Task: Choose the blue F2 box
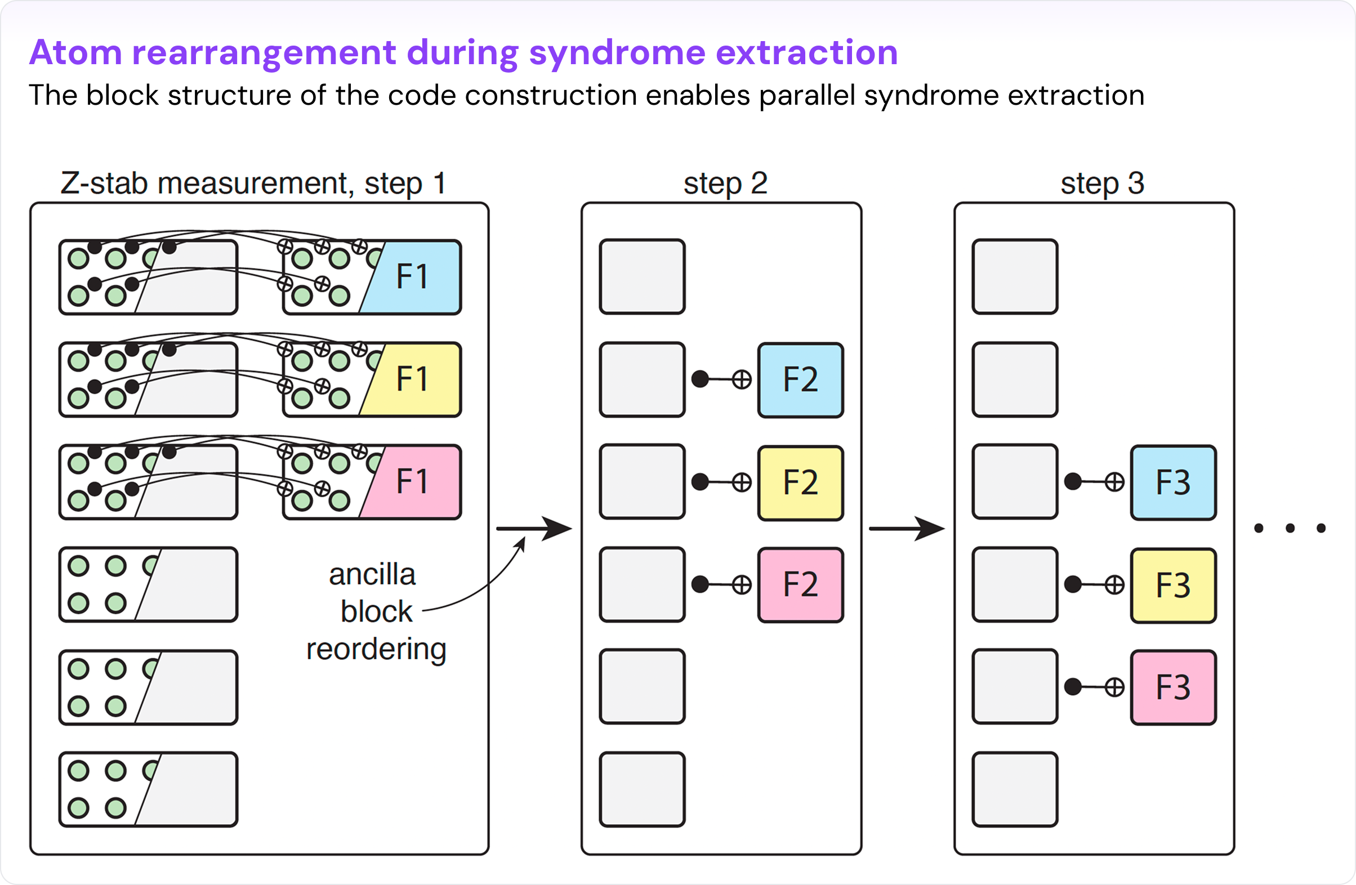click(801, 380)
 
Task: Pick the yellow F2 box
click(801, 483)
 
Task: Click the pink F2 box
click(801, 585)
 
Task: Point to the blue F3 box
click(1173, 483)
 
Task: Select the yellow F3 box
click(1173, 585)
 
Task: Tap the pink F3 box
click(1173, 687)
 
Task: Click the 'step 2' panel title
click(725, 184)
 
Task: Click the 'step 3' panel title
click(1102, 184)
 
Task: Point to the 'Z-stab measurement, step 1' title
click(253, 184)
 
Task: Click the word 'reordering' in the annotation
click(376, 649)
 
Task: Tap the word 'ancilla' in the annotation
click(372, 575)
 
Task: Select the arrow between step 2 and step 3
click(906, 529)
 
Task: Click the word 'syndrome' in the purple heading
click(617, 53)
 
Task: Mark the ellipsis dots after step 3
click(1290, 529)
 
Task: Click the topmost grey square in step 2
click(642, 277)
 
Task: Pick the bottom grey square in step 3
click(1015, 789)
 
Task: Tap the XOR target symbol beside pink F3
click(1114, 687)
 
